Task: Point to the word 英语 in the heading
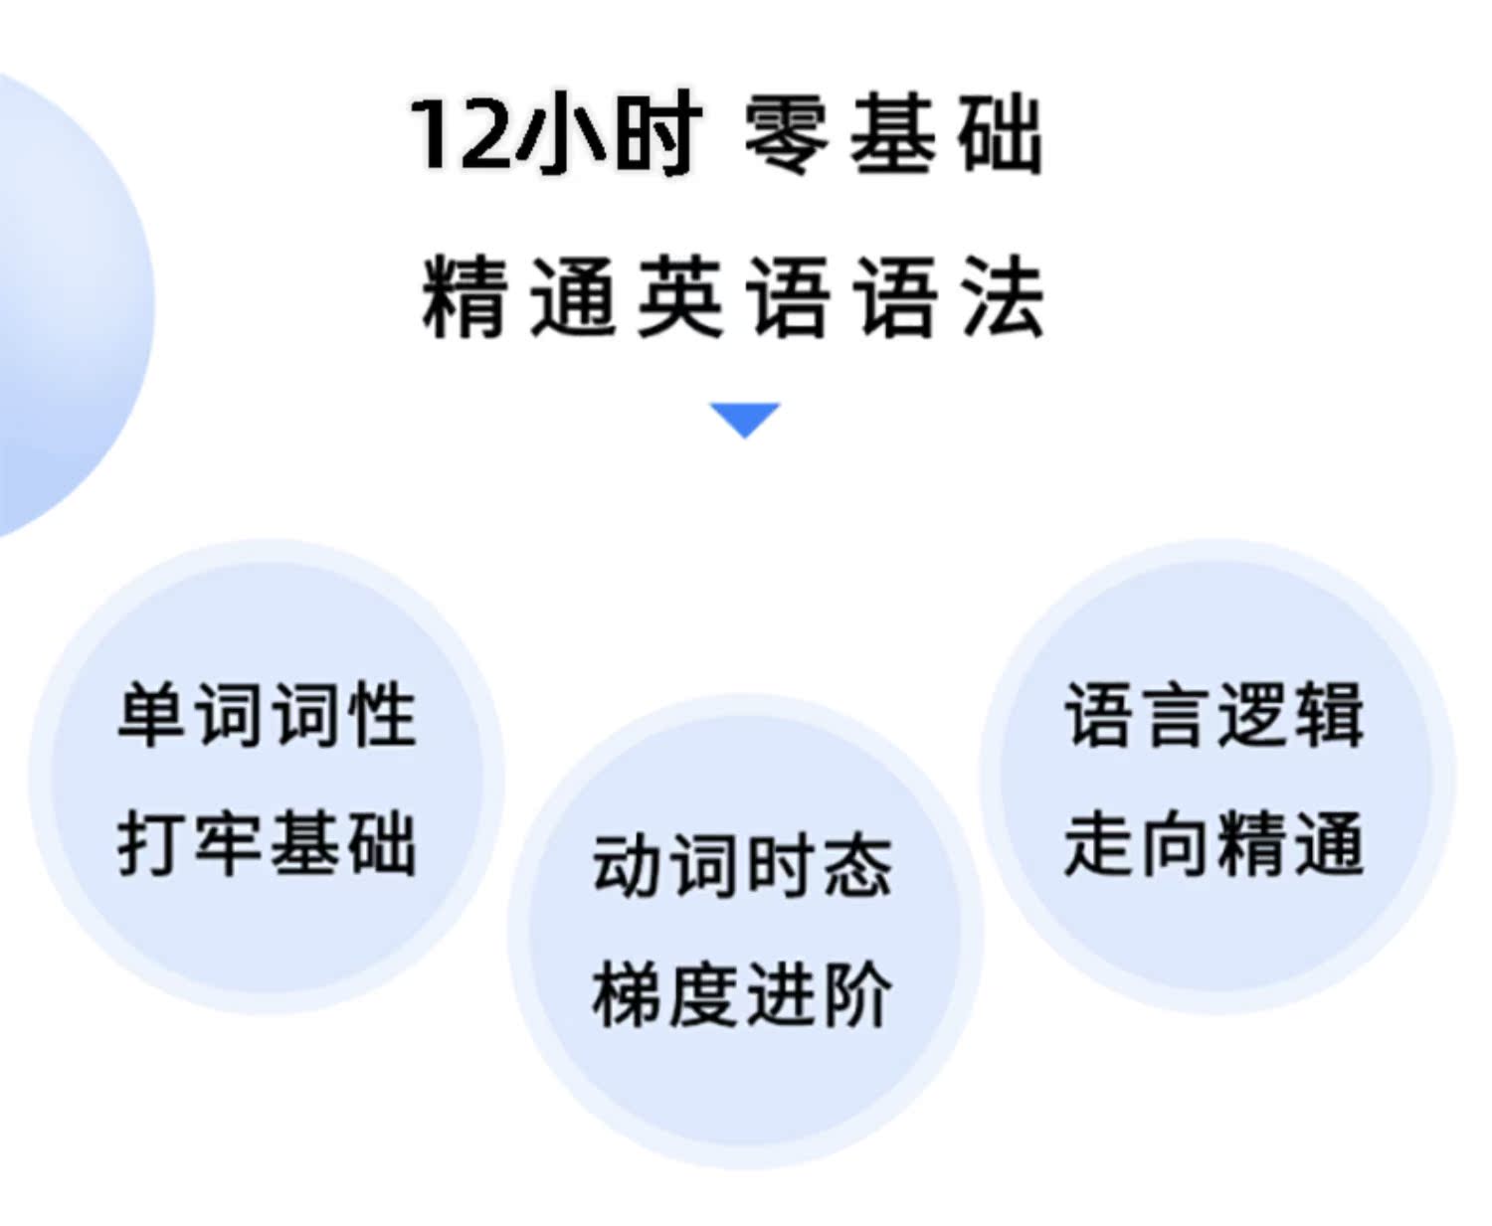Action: point(733,297)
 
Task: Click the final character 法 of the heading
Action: point(1003,297)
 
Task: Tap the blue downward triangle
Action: point(744,419)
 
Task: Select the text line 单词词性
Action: point(267,714)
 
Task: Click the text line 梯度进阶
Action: point(742,994)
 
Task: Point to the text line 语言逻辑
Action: point(1214,714)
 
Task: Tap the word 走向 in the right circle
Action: point(1139,843)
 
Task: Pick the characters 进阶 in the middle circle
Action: point(819,994)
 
